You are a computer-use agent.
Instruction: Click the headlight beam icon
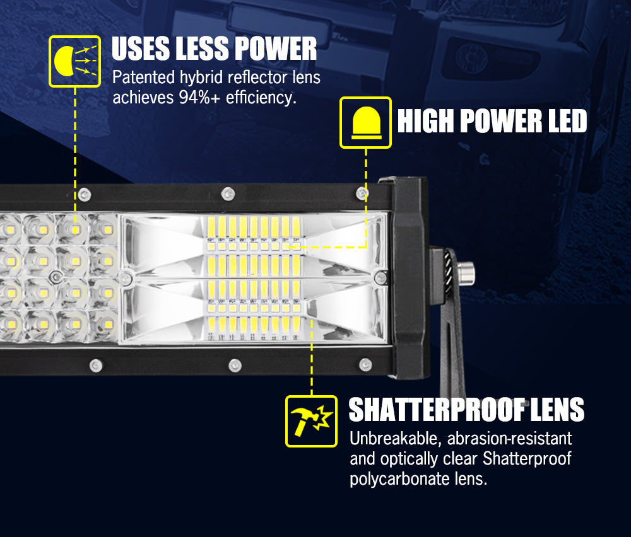pos(74,61)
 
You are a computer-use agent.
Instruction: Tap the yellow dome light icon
pos(365,122)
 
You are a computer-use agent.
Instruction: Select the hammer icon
pos(311,421)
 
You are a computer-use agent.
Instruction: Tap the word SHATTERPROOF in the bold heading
pos(436,410)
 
